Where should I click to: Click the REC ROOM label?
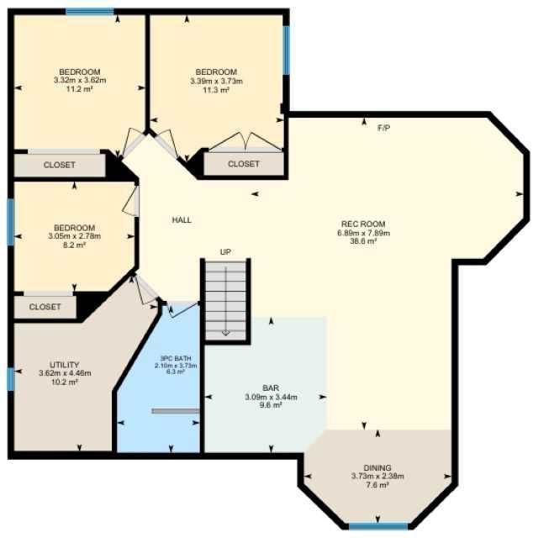pos(363,224)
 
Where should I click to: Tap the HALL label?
pos(182,220)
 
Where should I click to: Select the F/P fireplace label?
pos(383,128)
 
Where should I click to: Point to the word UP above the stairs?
pos(225,252)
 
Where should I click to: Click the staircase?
pos(225,300)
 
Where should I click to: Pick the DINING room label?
pos(377,468)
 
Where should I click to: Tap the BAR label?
pos(271,388)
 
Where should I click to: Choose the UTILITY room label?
pos(65,365)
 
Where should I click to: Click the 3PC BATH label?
pos(176,358)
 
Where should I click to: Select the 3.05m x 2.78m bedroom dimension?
pos(75,236)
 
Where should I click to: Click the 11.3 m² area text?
pos(216,90)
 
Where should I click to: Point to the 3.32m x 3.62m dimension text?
pos(80,80)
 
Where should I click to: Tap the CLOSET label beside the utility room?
pos(45,307)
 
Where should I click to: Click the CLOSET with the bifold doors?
pos(244,163)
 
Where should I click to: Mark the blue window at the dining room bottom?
pos(378,526)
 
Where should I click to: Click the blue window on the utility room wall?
pos(11,379)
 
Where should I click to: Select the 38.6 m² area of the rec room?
pos(363,241)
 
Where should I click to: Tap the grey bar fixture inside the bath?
pos(176,411)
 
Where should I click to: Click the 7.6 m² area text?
pos(377,485)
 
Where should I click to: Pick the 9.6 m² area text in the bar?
pos(271,405)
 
